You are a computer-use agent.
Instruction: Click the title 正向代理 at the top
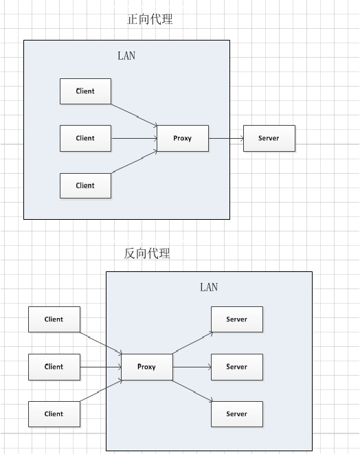[150, 19]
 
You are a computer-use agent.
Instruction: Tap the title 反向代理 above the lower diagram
[147, 253]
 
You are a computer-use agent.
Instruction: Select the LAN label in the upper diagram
[126, 56]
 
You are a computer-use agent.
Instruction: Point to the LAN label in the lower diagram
[209, 287]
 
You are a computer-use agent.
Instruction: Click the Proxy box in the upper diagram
[183, 139]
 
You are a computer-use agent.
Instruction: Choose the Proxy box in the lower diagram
[147, 367]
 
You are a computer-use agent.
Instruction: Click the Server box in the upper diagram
[269, 139]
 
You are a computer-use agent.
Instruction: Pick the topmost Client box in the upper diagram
[85, 91]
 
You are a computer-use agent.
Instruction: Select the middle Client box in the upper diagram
[85, 139]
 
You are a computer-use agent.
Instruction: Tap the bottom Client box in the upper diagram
[85, 185]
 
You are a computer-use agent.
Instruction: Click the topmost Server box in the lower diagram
[237, 319]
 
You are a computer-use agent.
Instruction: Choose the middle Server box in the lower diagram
[237, 367]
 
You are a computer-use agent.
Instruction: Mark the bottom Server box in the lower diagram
[237, 414]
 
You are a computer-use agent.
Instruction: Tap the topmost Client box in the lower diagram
[54, 319]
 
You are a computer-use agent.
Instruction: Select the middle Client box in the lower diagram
[54, 367]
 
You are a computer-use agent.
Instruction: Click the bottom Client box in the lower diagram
[54, 414]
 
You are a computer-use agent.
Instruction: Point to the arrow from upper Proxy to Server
[226, 139]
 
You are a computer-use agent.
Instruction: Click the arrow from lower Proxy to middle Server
[192, 367]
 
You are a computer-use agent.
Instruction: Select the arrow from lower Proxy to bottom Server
[192, 391]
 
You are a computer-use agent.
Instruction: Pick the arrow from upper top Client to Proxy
[135, 115]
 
